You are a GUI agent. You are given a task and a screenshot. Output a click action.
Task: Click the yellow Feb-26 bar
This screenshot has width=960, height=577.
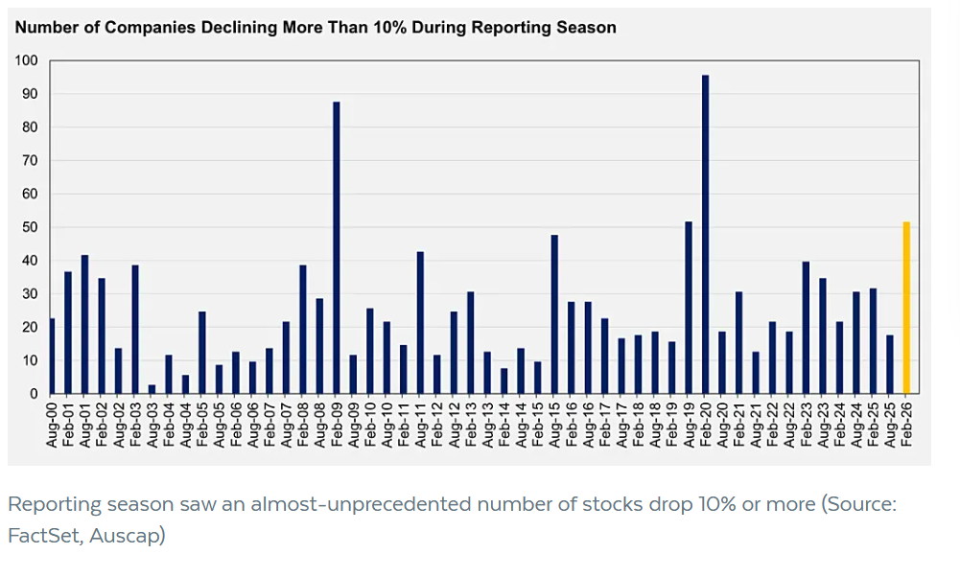[906, 308]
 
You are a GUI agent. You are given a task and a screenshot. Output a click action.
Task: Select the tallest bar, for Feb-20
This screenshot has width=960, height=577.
[705, 235]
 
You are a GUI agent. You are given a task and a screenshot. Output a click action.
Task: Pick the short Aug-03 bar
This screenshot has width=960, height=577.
[152, 389]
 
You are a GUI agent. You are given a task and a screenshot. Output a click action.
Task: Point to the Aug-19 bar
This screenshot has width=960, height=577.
[689, 308]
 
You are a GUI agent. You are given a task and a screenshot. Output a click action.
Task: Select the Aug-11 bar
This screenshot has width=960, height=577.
[420, 323]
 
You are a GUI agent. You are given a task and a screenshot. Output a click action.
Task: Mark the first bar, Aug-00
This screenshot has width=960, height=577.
[51, 356]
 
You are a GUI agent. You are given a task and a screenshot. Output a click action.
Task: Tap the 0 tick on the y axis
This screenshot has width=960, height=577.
[33, 394]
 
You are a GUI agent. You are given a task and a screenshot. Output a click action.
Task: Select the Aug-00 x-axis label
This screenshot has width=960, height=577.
[52, 423]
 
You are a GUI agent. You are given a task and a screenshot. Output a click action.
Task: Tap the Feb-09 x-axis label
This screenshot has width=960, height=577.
[337, 423]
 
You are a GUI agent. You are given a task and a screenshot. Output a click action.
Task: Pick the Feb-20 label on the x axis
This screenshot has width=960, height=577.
[706, 423]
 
